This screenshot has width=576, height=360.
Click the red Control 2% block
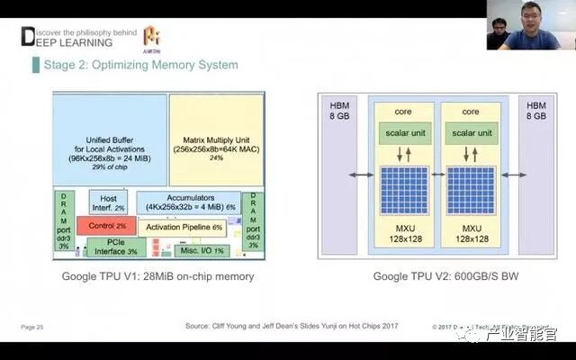[x=105, y=224]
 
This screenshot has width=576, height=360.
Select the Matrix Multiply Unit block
[x=216, y=139]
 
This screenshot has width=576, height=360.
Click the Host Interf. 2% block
[x=108, y=202]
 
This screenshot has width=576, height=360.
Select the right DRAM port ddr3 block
[x=253, y=220]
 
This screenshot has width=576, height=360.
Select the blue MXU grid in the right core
[x=471, y=189]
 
